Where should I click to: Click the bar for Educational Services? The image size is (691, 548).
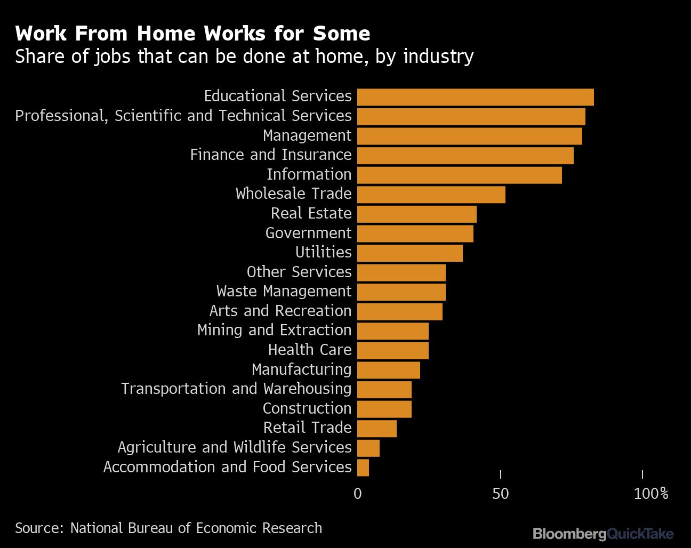[x=475, y=97]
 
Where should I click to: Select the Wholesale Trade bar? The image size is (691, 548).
[x=431, y=195]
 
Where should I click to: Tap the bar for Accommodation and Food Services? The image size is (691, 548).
[x=363, y=468]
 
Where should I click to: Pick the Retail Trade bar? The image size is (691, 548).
[x=377, y=429]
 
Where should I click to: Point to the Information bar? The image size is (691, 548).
[x=459, y=175]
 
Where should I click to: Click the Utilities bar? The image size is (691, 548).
[x=409, y=253]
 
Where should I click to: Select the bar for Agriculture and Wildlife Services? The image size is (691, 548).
[x=368, y=448]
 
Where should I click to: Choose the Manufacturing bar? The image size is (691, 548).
[x=388, y=370]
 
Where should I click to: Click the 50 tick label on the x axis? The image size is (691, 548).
[x=500, y=494]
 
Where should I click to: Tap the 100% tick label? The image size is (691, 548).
[x=650, y=494]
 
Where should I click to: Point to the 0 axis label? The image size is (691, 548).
[x=357, y=494]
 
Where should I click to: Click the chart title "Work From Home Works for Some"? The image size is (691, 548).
[x=192, y=34]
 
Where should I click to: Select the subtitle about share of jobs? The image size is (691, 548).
[x=244, y=56]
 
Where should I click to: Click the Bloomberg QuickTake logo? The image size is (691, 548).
[x=603, y=533]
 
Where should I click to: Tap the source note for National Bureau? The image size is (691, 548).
[x=168, y=528]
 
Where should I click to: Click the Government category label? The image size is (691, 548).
[x=308, y=233]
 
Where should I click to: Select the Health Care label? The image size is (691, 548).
[x=310, y=350]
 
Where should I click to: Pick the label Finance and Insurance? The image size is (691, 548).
[x=271, y=155]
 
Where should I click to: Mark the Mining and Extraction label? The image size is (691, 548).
[x=274, y=330]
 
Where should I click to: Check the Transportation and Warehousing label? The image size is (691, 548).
[x=236, y=389]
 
